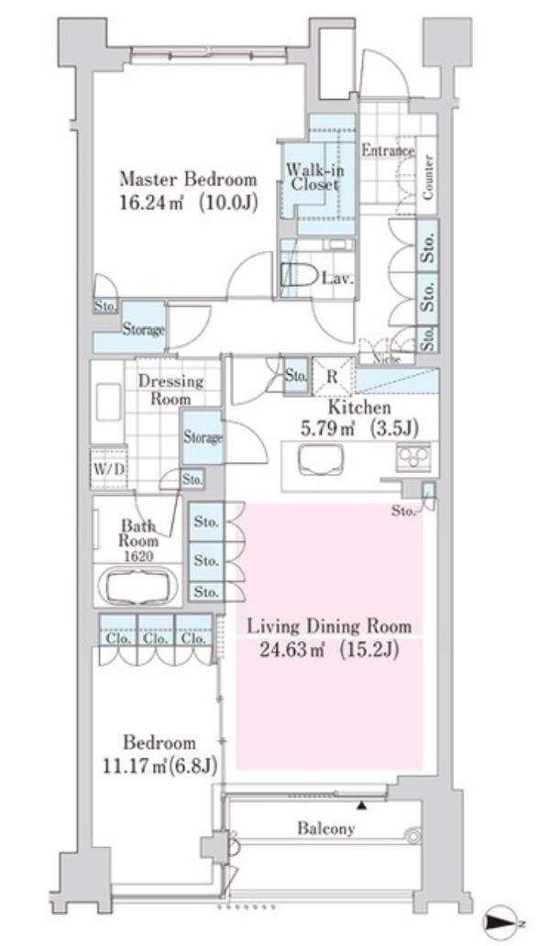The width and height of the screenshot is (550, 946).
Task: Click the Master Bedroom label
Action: pos(188,179)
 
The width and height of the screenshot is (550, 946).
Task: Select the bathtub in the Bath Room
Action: pos(138,584)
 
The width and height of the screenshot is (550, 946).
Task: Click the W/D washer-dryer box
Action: pos(108,467)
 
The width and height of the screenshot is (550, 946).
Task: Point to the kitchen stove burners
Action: pos(413,456)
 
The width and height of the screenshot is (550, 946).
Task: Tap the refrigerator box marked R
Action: pos(332,376)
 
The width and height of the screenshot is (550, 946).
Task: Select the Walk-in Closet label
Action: pos(314,177)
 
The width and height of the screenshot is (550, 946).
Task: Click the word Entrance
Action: pos(388,150)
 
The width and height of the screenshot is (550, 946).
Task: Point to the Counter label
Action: pos(427,177)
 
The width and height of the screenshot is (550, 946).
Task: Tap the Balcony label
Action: pos(325,829)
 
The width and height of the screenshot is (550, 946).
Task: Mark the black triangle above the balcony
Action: pos(361,806)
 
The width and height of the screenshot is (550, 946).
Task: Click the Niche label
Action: pos(387,359)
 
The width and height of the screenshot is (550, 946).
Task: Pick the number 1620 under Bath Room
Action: pos(138,556)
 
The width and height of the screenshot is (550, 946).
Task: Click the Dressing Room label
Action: pos(170,390)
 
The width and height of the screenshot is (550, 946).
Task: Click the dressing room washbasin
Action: pos(108,401)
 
